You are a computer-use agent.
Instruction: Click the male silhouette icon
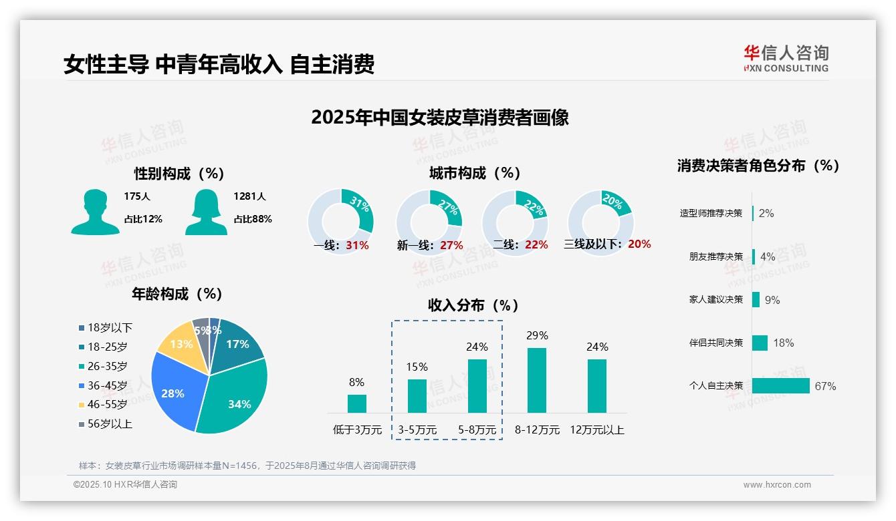coord(95,212)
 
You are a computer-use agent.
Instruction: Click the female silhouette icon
coord(206,212)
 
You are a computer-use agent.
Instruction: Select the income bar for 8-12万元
coord(536,380)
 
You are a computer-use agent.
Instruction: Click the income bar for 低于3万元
coord(356,403)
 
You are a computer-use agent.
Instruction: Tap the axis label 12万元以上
coord(596,430)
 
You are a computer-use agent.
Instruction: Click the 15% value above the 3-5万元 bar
coord(417,367)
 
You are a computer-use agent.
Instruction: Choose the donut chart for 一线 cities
coord(340,222)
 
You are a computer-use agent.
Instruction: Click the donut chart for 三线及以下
coord(600,220)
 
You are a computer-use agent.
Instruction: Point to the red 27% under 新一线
coord(451,245)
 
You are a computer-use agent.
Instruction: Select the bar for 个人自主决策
coord(780,386)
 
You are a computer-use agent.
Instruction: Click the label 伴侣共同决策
coord(715,343)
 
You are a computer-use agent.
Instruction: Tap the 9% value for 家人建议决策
coord(772,300)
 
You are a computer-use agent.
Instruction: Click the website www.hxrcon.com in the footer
coord(776,485)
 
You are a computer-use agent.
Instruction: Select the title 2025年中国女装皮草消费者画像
coord(439,118)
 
